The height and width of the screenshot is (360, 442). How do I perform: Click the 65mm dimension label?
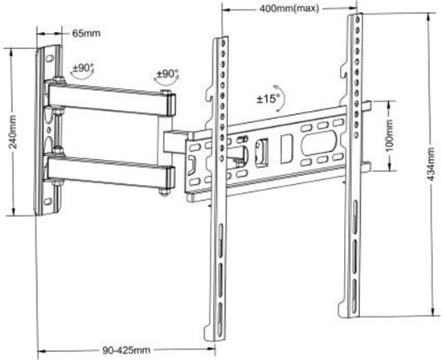[85, 34]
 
